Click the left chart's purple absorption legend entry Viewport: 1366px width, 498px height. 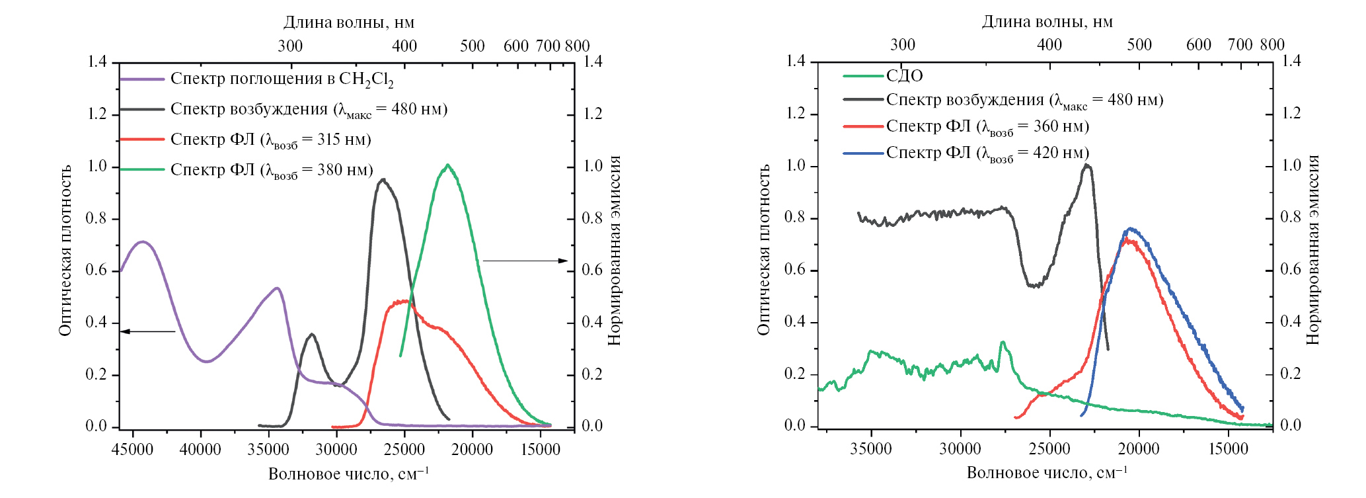pos(282,79)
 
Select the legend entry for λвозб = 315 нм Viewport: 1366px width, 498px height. pos(270,140)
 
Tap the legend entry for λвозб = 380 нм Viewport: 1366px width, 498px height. pos(272,170)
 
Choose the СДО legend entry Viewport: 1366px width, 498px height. pos(904,76)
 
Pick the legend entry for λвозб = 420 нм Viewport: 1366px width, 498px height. pos(987,153)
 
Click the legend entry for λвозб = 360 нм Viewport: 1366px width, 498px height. pos(987,126)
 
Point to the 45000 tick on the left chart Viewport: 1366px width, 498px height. pos(132,450)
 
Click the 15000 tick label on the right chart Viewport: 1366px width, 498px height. pos(1228,449)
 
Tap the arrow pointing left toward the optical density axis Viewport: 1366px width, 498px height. pos(147,331)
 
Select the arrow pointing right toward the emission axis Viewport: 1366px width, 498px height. pos(525,261)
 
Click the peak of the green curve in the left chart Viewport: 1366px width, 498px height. pos(448,165)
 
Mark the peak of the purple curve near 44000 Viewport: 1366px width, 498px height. pos(142,241)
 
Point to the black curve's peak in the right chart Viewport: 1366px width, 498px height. pos(1087,165)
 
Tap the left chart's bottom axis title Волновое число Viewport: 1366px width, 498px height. pos(348,474)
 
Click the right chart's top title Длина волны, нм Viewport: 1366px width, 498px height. pos(1047,22)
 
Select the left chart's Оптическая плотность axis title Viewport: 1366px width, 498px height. pos(65,250)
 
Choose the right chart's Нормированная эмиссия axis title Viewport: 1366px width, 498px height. pos(1312,250)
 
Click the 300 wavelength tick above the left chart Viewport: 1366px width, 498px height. pos(290,46)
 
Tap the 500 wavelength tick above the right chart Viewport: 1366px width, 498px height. pos(1139,44)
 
